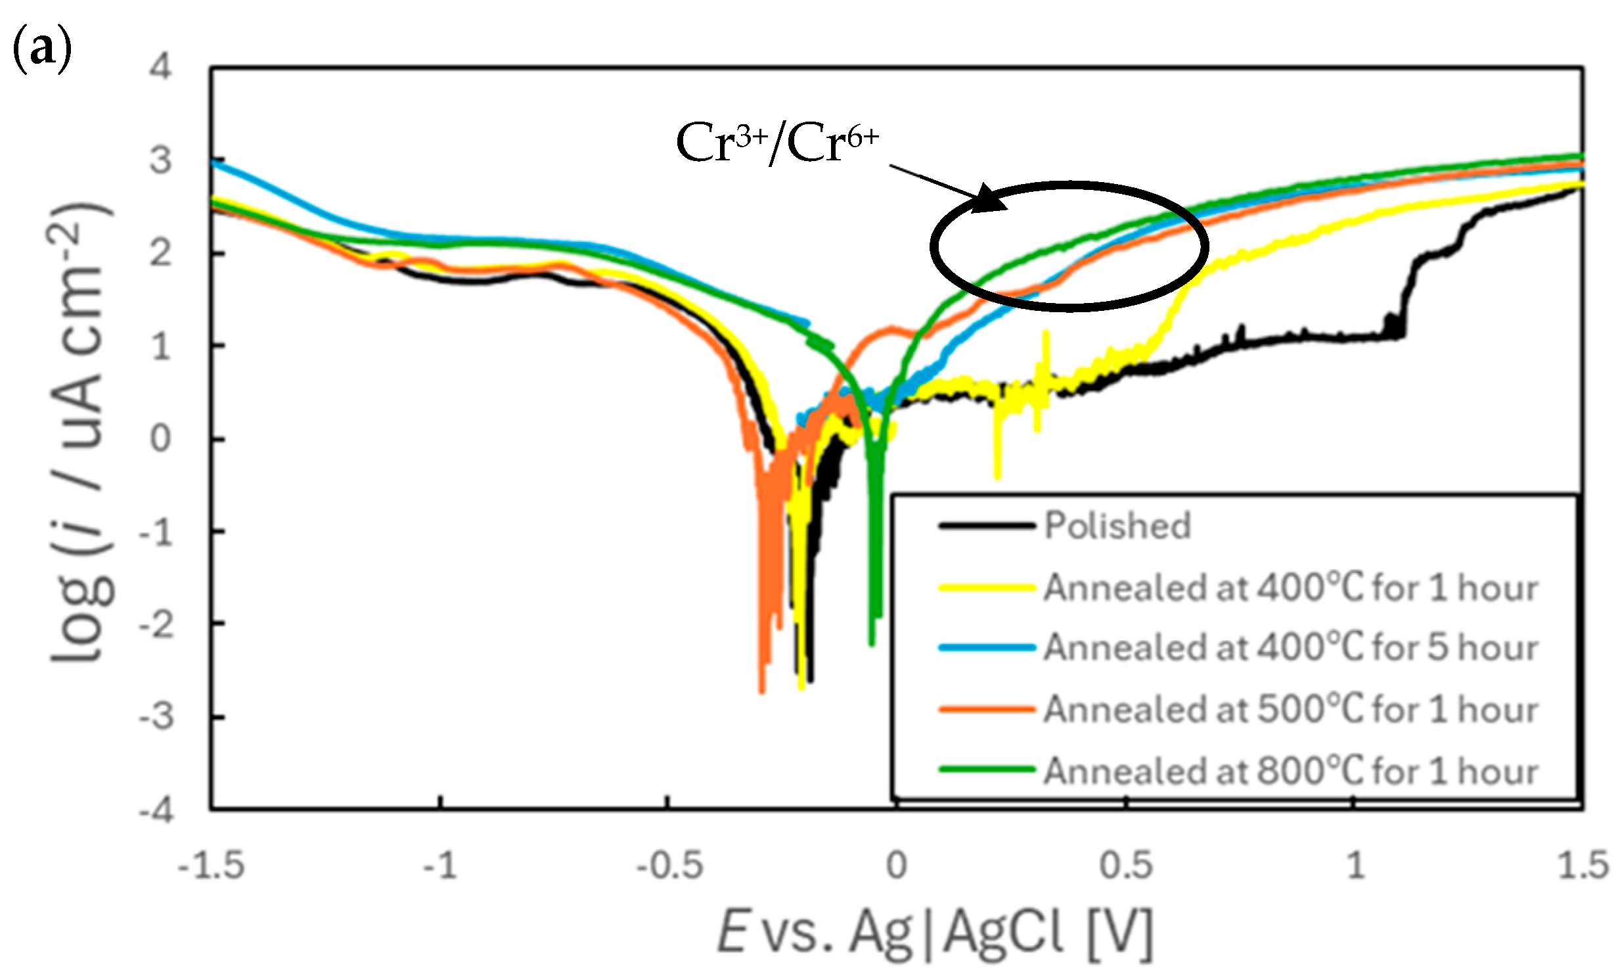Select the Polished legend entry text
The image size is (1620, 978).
[1117, 526]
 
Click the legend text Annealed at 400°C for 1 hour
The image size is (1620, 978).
[1291, 588]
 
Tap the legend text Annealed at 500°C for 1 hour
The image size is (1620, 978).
[1291, 710]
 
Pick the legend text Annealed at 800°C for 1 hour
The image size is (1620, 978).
[1291, 771]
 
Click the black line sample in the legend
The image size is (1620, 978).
[986, 526]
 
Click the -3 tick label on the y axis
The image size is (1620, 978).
[156, 717]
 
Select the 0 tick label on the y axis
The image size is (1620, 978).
[160, 438]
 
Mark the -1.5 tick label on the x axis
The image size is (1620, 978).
[211, 866]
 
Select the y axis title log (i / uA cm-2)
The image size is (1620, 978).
[82, 434]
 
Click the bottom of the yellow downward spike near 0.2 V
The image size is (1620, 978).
[997, 478]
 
